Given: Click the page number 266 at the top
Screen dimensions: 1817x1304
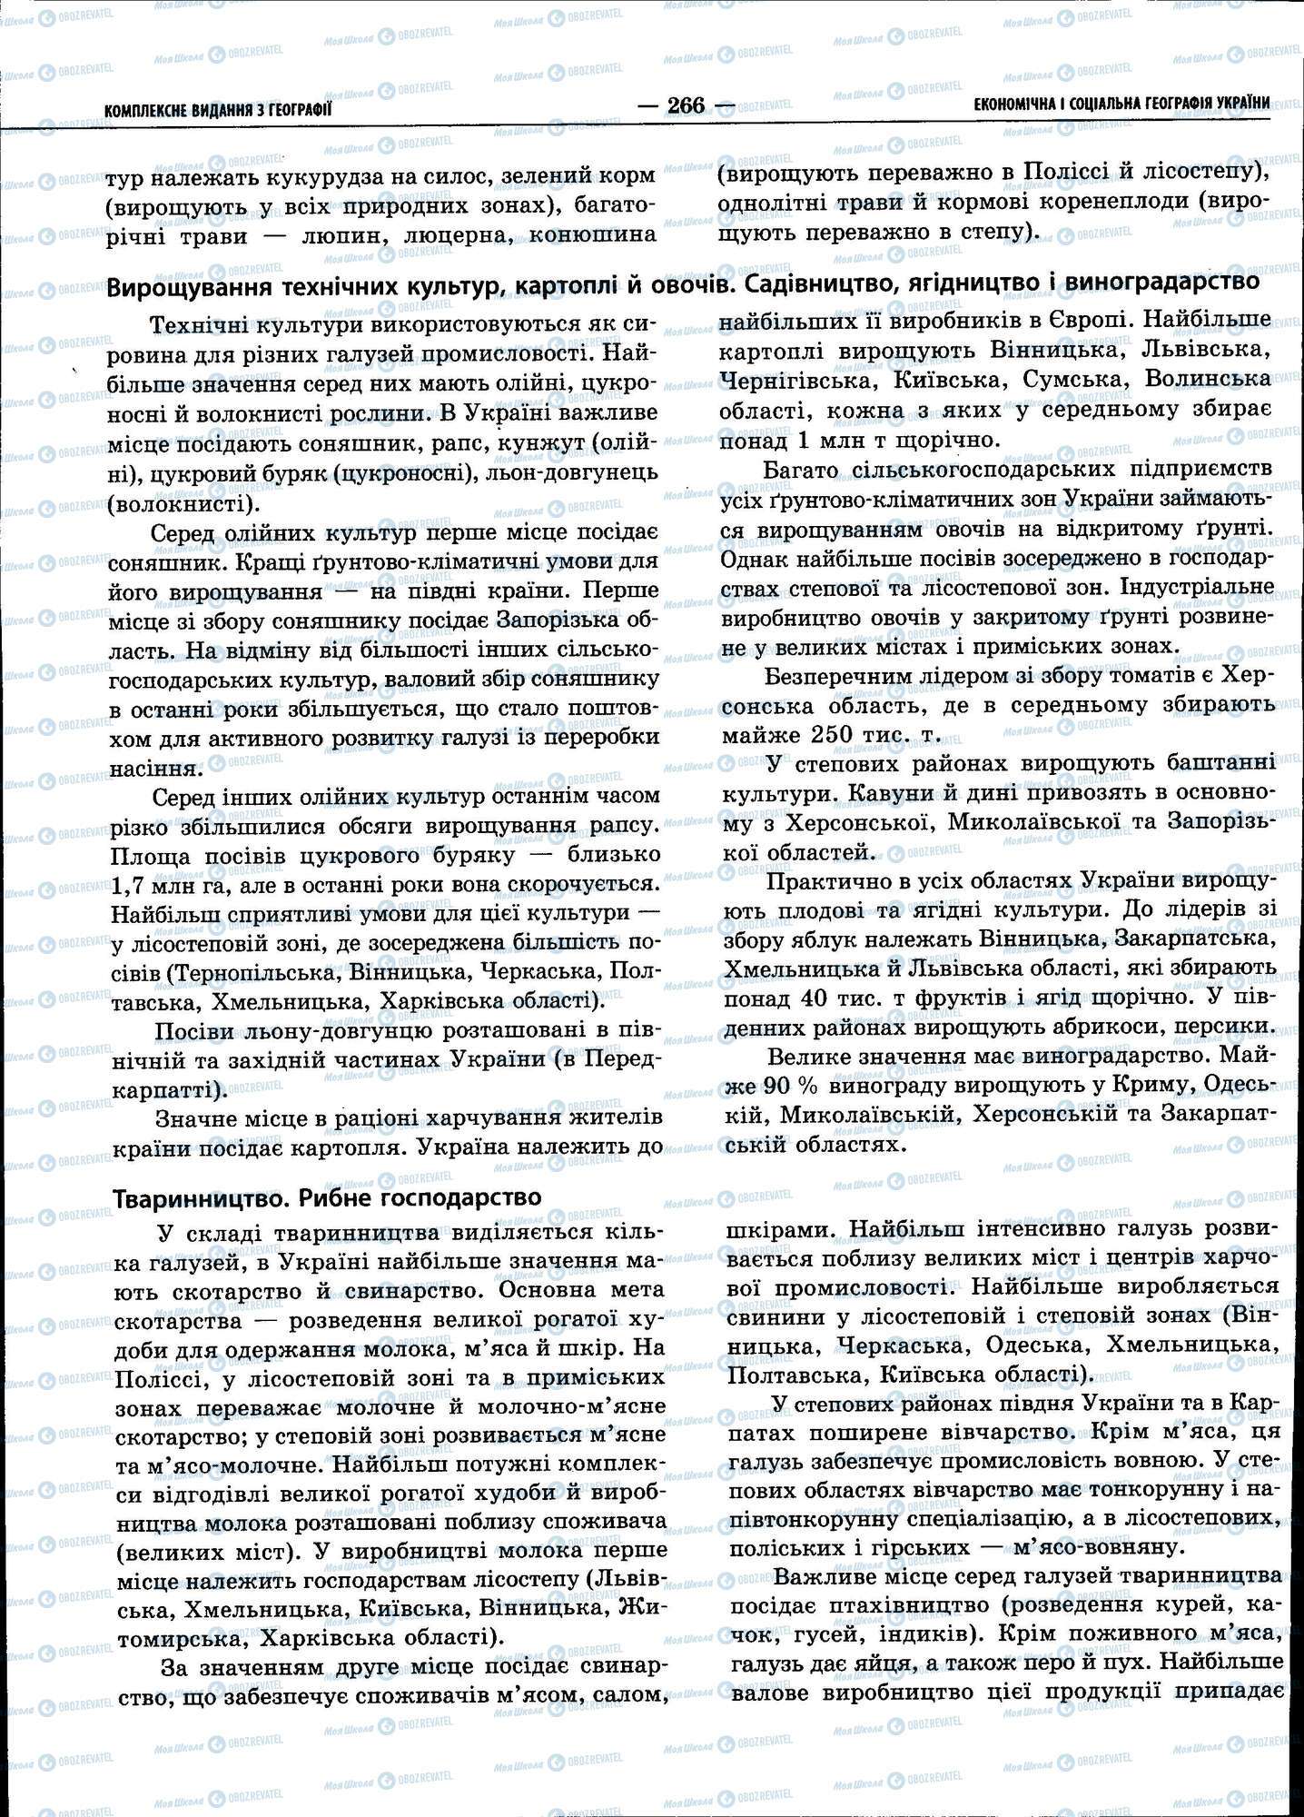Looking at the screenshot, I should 686,106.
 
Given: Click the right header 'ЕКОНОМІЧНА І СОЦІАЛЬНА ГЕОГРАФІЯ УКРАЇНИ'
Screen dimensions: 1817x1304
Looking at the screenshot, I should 1121,104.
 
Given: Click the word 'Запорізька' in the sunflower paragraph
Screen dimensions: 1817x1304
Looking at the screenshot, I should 547,621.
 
